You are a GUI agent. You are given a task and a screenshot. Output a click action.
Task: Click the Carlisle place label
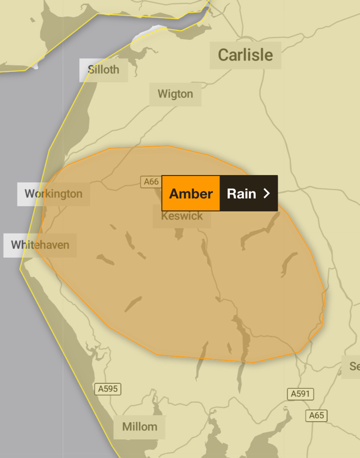[245, 55]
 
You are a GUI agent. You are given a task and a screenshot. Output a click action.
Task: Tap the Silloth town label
[104, 69]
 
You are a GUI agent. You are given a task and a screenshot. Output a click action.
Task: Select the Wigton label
[175, 94]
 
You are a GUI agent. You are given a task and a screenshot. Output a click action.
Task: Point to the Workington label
[54, 194]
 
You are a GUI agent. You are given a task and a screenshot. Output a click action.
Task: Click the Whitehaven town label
[40, 245]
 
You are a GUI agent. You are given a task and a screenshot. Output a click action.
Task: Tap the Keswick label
[182, 216]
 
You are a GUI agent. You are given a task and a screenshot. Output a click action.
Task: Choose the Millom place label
[140, 427]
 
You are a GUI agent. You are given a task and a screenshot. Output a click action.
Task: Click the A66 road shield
[151, 182]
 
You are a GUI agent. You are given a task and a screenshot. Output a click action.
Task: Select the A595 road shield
[108, 389]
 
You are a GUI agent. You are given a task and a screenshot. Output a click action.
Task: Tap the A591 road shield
[300, 394]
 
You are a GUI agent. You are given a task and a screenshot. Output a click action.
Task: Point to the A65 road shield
[316, 416]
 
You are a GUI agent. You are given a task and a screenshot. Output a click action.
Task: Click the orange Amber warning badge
[191, 193]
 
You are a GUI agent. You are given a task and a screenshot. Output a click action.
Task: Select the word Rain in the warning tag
[241, 194]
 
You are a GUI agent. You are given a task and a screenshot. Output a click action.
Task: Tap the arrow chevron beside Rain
[267, 194]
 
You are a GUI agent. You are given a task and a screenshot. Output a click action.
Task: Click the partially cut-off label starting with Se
[354, 366]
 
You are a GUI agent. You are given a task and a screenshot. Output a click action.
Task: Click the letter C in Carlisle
[223, 55]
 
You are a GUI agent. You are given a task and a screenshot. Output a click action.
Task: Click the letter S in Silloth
[91, 69]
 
